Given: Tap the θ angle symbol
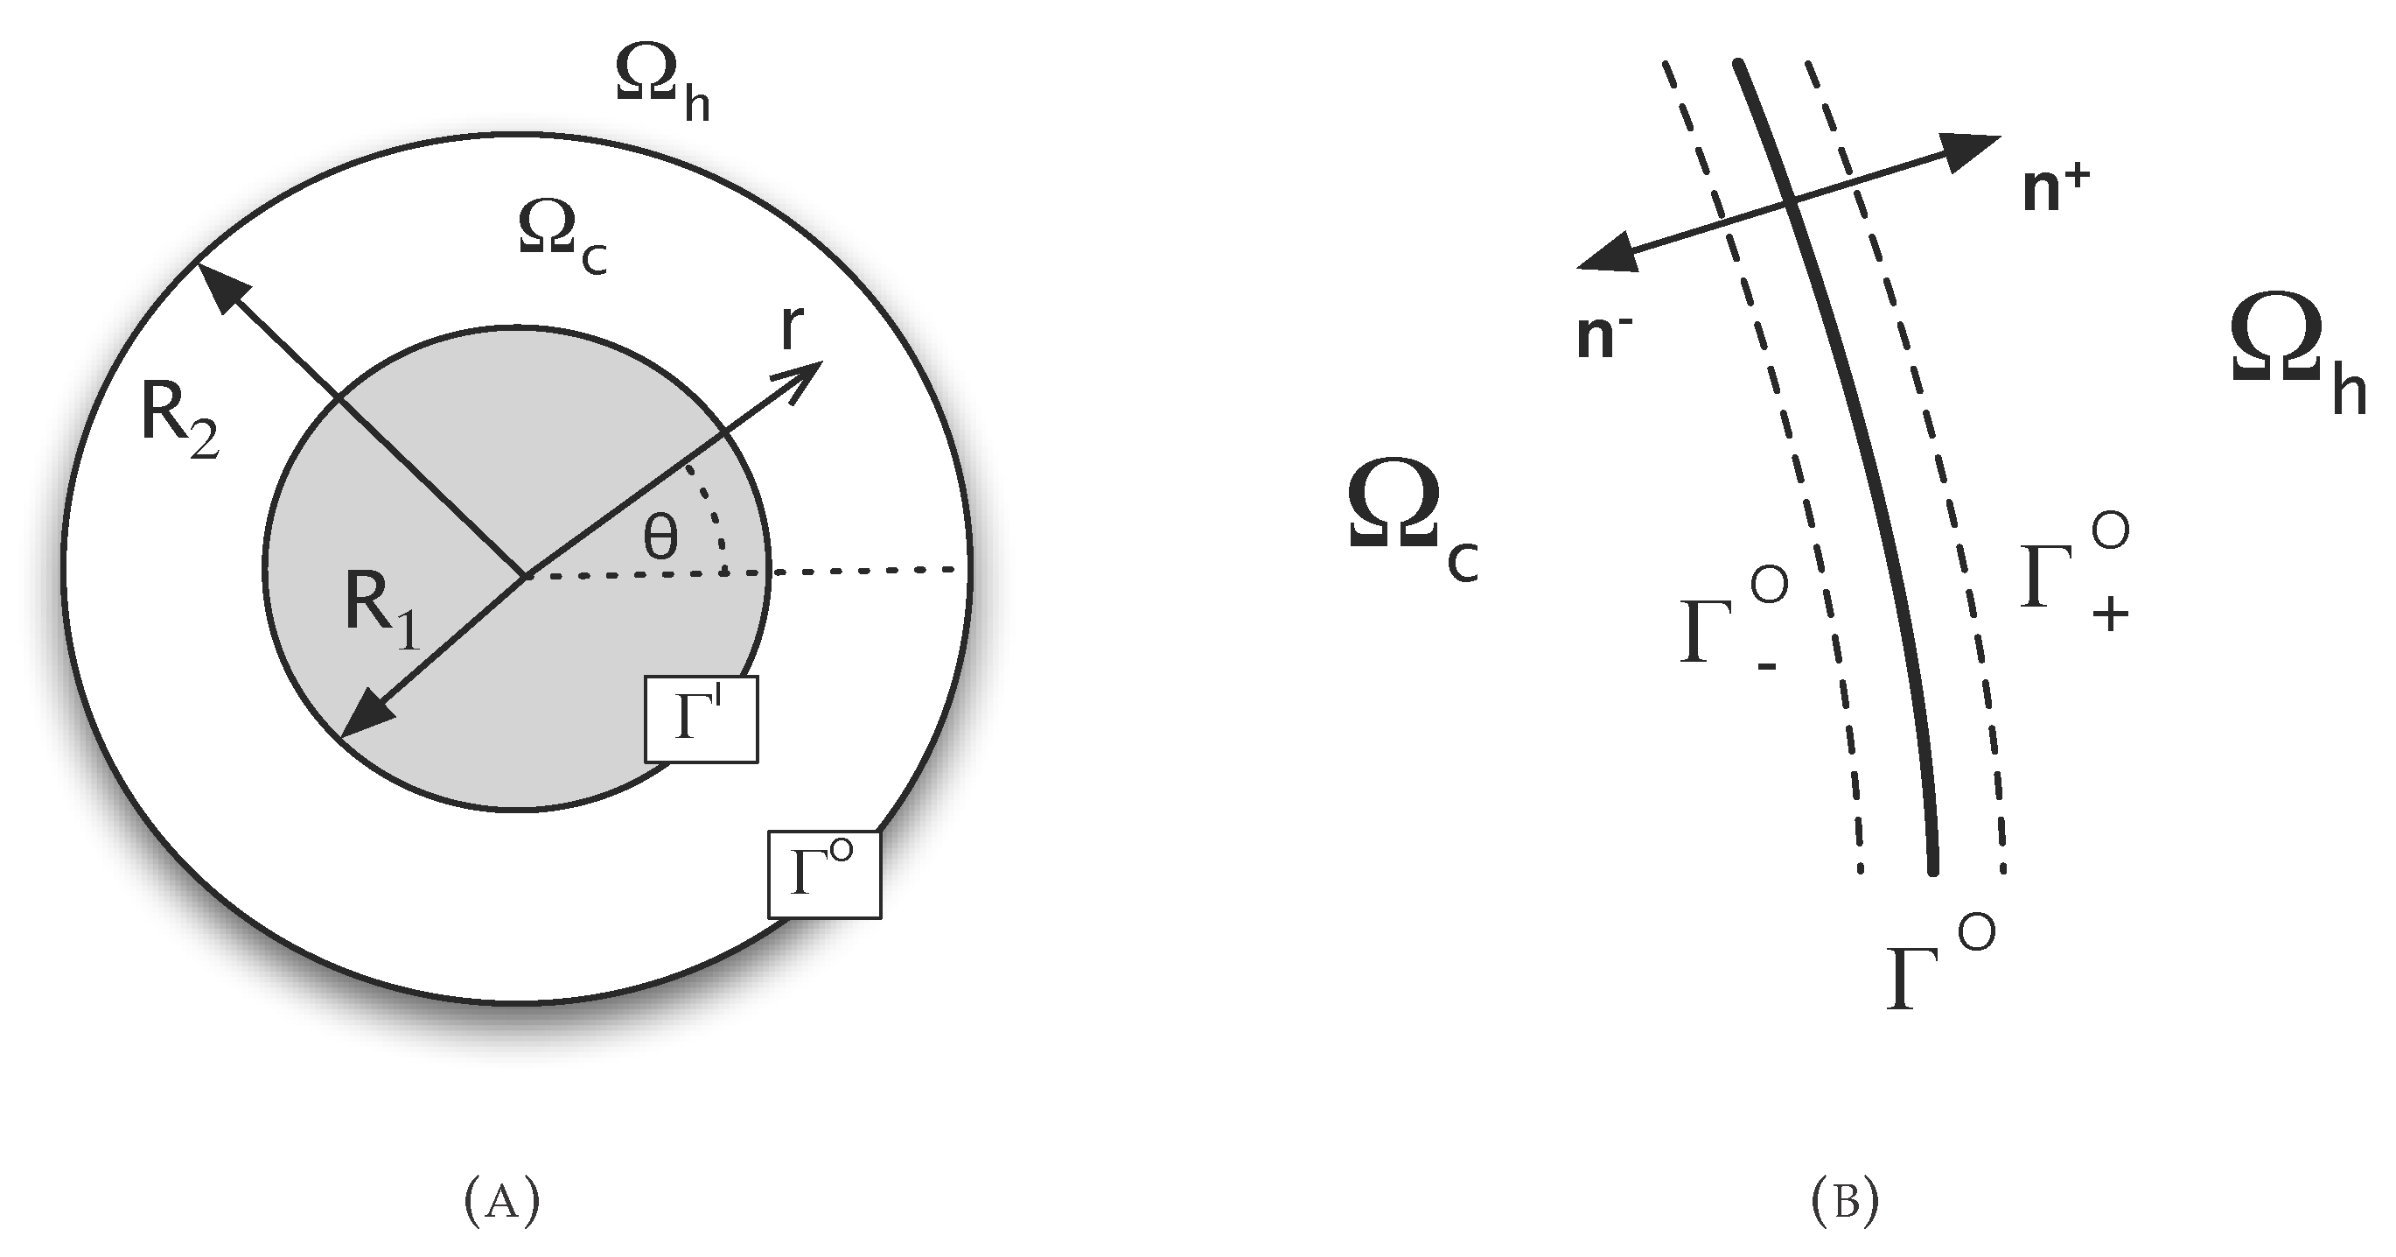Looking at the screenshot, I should click(x=660, y=537).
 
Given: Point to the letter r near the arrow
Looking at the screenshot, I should click(x=791, y=327).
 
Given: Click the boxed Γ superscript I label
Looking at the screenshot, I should click(x=702, y=720).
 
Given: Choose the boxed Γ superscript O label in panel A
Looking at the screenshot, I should click(x=823, y=875).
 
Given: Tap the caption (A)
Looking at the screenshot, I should click(x=501, y=1201).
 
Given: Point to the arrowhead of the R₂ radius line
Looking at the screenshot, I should click(x=217, y=284).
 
